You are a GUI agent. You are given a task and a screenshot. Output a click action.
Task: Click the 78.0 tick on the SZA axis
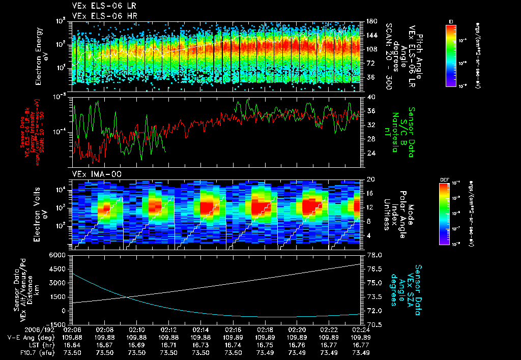click(372, 255)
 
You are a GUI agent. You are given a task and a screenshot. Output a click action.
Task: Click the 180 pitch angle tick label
click(370, 21)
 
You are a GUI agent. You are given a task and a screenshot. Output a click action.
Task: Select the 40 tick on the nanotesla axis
click(368, 97)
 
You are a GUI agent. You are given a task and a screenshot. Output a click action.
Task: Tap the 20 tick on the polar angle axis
click(368, 179)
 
